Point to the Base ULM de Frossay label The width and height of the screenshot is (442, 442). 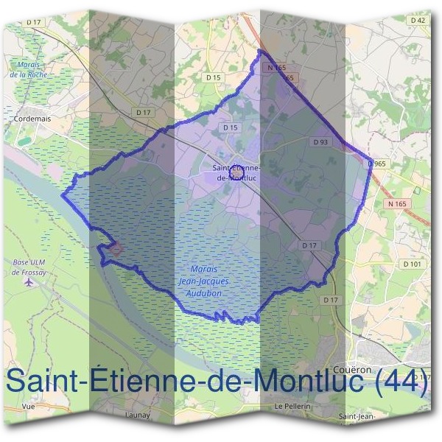coord(29,267)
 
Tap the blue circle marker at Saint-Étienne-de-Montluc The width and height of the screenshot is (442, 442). coord(237,169)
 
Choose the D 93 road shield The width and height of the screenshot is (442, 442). coord(320,141)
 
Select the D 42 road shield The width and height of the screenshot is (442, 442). coord(417,21)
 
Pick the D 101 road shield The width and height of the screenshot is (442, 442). coord(413,264)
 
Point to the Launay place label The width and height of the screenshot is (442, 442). coord(138,415)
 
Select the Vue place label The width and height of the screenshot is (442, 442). coord(29,406)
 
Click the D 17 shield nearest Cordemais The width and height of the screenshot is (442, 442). coord(143,112)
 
